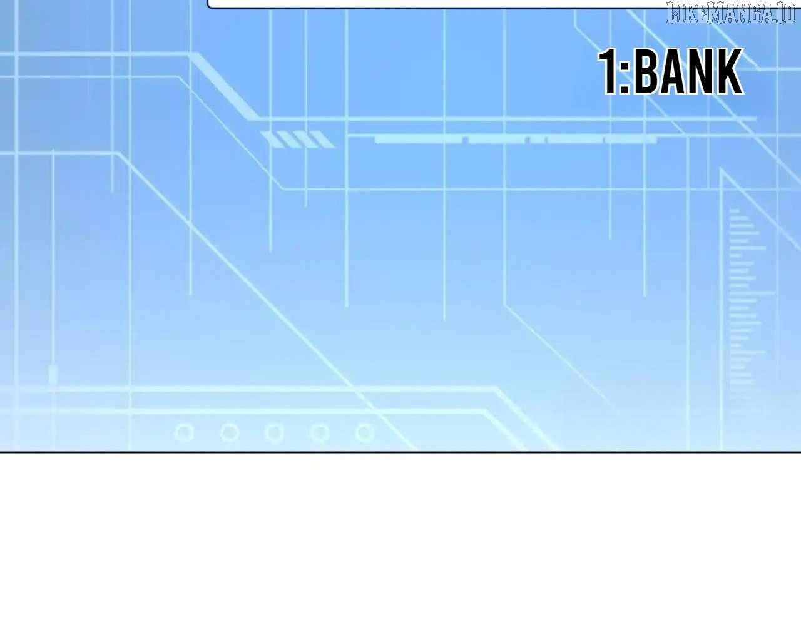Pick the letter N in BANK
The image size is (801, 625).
click(x=703, y=71)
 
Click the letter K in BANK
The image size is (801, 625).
click(x=730, y=71)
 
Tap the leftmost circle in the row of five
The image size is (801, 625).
click(x=185, y=432)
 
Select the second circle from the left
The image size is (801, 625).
click(x=230, y=432)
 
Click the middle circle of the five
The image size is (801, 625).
click(x=275, y=432)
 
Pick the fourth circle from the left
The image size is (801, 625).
click(x=320, y=432)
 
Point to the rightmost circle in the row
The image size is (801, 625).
click(x=365, y=432)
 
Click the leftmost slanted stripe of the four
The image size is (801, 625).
click(x=272, y=140)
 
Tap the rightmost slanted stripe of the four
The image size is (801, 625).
click(x=322, y=140)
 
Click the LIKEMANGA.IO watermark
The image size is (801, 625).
click(x=730, y=13)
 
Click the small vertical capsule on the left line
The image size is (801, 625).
click(x=53, y=375)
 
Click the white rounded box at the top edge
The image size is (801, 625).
click(x=436, y=4)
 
